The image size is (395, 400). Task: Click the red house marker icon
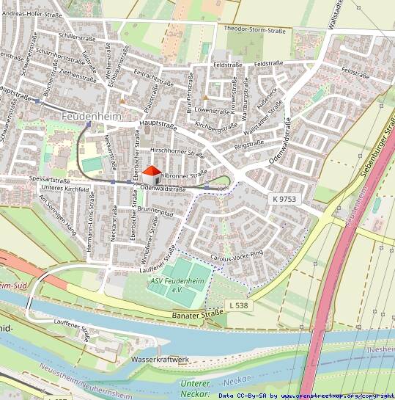tap(151, 175)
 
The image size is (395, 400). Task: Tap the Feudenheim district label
tap(92, 116)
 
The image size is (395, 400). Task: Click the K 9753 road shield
tap(284, 198)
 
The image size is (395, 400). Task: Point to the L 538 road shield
tap(239, 304)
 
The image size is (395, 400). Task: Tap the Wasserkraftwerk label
tap(160, 360)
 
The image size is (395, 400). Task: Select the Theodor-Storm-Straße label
tap(254, 31)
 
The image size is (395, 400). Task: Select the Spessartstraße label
tap(50, 179)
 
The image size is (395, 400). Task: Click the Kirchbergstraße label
tap(217, 128)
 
